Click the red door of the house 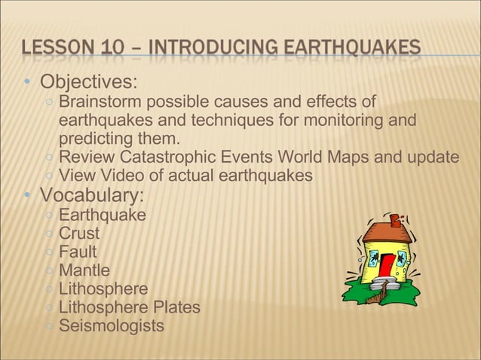tap(386, 265)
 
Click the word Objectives tap(88, 81)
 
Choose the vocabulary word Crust tap(79, 233)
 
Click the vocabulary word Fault tap(78, 252)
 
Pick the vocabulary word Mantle tap(84, 270)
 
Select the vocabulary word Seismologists tap(112, 326)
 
